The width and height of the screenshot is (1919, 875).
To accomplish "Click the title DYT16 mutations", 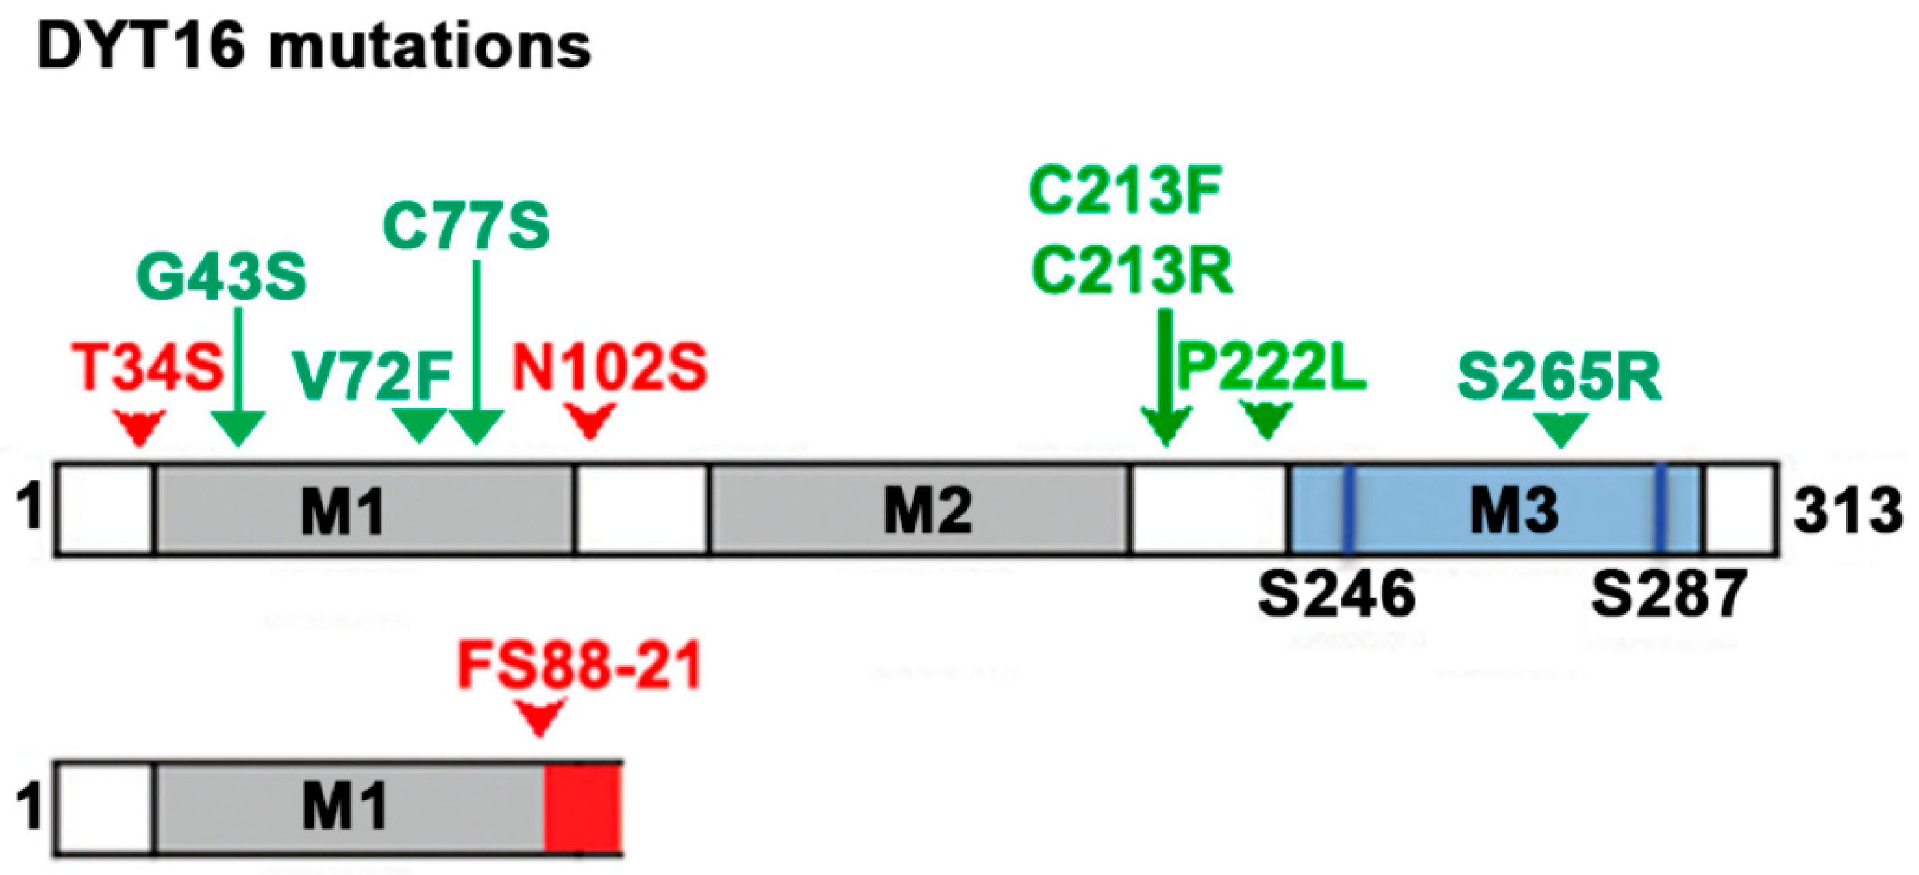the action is [313, 46].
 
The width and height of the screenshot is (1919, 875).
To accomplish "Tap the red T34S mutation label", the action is [147, 368].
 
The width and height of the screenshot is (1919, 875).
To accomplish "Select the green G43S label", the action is [221, 278].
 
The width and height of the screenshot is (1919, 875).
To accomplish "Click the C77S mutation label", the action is [466, 226].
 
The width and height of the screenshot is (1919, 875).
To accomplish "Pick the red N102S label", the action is [609, 368].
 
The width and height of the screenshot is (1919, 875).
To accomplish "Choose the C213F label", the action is [1125, 191].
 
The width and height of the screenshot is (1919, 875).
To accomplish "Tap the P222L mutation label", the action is [1271, 368].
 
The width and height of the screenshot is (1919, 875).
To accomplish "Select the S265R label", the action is [1559, 376].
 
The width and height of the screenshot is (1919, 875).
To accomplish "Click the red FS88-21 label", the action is [579, 666].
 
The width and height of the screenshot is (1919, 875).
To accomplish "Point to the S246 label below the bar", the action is [1336, 594].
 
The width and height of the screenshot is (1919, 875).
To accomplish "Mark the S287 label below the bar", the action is [1669, 594].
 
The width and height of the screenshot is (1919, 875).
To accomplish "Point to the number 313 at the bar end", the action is [1847, 511].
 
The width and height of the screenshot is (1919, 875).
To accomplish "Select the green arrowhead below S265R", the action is [1561, 428].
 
